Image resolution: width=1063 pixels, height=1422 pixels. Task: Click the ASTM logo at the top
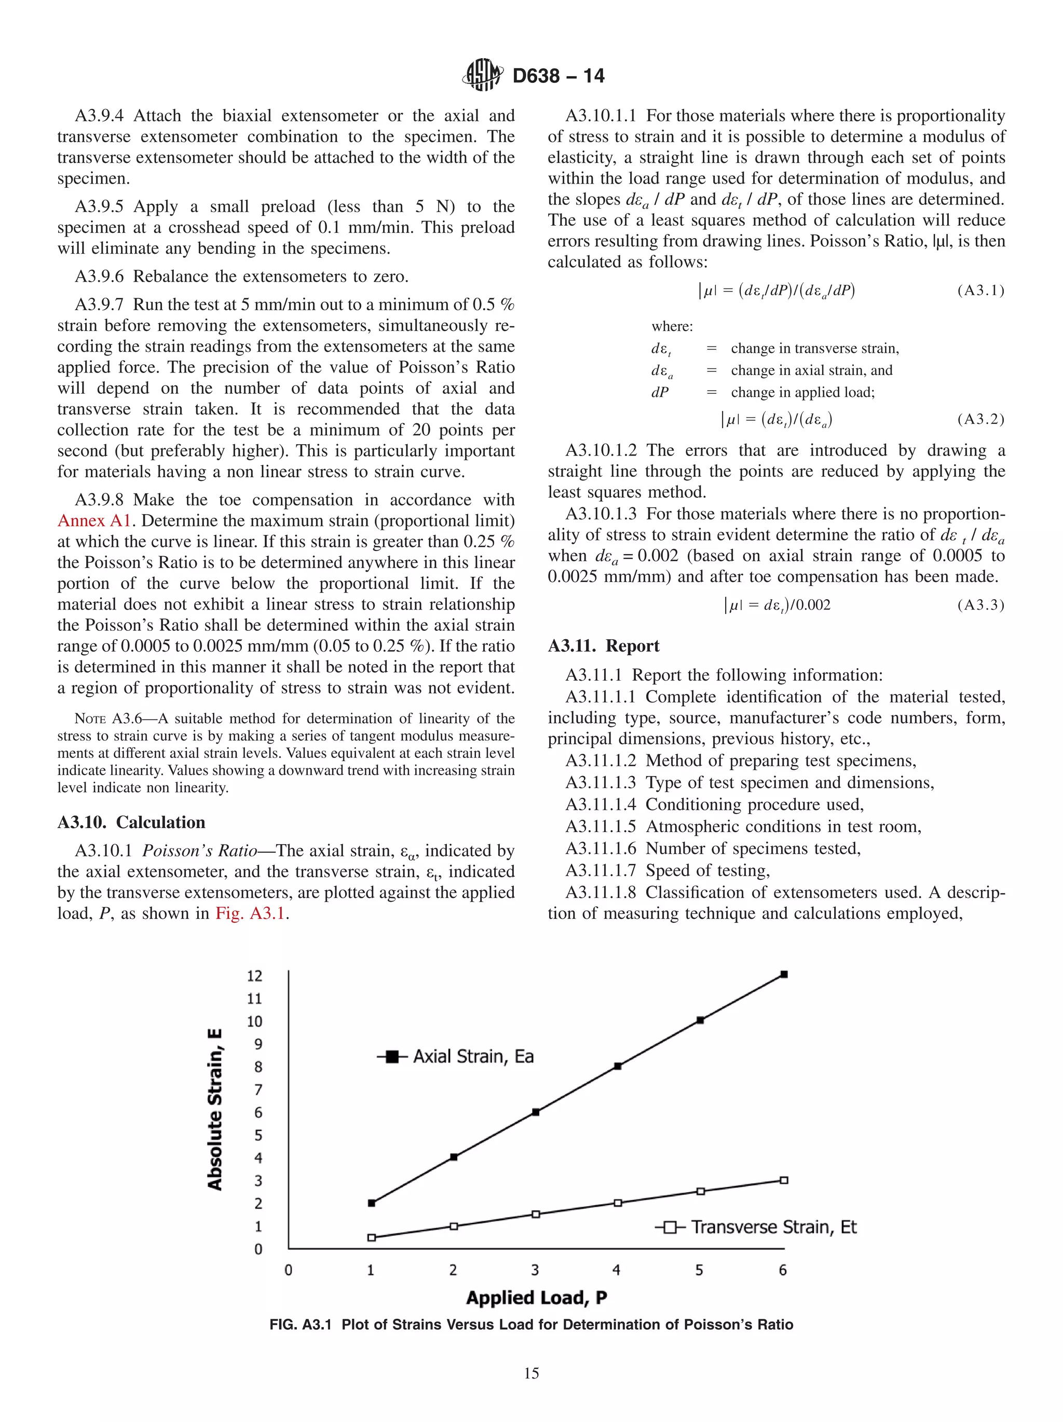[x=482, y=75]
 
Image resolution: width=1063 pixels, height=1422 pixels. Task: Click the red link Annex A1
[x=94, y=521]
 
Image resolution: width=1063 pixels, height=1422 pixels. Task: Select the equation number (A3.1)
[x=980, y=291]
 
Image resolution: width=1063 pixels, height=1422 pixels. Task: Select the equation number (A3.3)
[x=980, y=605]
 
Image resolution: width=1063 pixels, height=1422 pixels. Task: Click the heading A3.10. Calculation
[x=131, y=822]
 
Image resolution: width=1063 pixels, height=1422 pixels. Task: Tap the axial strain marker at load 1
[x=371, y=1203]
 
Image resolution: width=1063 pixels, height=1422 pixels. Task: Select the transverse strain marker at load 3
[x=536, y=1214]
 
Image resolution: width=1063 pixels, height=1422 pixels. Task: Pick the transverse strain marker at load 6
[x=784, y=1180]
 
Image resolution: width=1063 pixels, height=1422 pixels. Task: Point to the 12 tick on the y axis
[x=255, y=976]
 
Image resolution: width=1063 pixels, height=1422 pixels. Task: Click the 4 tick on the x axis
[x=616, y=1269]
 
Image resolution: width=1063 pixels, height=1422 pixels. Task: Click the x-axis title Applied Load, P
[x=536, y=1298]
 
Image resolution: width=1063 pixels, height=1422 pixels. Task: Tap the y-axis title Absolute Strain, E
[x=215, y=1109]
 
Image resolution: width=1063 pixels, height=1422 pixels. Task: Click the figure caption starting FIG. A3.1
[x=531, y=1325]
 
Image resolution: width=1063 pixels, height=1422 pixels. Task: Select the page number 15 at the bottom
[x=531, y=1374]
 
